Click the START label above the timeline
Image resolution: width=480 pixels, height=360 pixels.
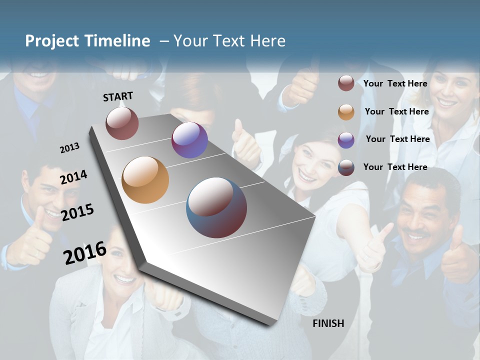point(118,96)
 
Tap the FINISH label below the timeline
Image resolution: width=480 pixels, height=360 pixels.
point(328,323)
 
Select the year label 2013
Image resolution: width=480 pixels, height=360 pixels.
point(69,148)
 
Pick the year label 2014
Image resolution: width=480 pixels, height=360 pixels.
point(73,177)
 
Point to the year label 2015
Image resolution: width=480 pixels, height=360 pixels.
point(77,212)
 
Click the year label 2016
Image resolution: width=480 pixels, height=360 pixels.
point(85,253)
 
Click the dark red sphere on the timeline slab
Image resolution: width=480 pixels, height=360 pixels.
point(122,123)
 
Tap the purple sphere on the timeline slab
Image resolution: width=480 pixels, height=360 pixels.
point(189,140)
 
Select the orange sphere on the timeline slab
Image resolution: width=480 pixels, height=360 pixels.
point(145,180)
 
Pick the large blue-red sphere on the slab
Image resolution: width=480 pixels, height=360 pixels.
point(216,207)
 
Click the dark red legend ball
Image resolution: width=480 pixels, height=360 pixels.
point(346,83)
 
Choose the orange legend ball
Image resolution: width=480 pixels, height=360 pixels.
point(346,112)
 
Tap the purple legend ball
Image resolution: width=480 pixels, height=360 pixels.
point(346,140)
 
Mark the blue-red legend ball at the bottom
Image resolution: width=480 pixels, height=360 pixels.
point(346,167)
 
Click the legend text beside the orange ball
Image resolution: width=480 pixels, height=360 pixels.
point(396,111)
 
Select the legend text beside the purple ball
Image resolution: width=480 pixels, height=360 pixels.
point(397,139)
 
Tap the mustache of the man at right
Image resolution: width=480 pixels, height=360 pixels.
point(416,233)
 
